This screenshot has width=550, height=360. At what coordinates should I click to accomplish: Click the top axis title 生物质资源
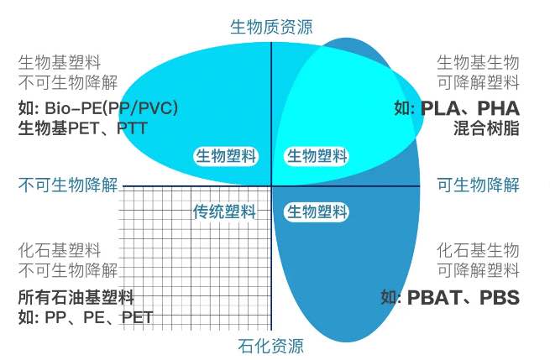[271, 27]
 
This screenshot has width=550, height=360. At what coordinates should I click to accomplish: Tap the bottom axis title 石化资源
[270, 346]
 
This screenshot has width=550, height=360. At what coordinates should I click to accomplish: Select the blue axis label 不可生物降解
[68, 185]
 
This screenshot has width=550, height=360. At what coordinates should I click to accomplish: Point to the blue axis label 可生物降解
[478, 185]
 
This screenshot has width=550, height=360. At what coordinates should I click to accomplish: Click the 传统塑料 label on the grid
[224, 211]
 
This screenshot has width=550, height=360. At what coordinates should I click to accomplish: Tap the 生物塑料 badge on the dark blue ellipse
[317, 211]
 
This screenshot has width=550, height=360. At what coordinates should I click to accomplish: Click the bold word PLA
[440, 108]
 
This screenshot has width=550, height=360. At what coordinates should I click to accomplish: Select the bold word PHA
[499, 108]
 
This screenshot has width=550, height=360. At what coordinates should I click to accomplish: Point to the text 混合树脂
[486, 128]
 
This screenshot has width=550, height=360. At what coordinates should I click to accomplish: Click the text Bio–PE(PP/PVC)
[111, 108]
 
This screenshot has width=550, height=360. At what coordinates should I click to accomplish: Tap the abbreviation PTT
[132, 128]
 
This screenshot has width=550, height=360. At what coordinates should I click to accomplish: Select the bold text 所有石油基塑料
[76, 297]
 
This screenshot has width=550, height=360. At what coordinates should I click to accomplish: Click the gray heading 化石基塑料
[60, 251]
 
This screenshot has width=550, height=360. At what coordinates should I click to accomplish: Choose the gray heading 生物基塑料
[60, 62]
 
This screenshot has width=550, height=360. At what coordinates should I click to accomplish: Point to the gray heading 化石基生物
[478, 251]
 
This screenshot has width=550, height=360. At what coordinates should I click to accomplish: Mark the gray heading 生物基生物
[478, 62]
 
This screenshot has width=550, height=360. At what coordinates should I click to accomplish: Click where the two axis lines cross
[271, 186]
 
